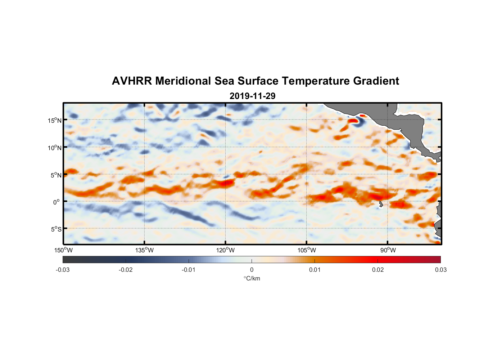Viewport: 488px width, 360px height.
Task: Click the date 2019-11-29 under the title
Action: [252, 96]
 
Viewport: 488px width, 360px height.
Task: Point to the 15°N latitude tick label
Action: [55, 120]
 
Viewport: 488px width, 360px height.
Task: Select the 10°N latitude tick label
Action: [55, 148]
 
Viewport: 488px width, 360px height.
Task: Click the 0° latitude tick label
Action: [57, 202]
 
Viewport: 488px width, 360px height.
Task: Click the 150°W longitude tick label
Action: [63, 250]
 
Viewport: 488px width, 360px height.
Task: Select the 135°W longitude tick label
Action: [144, 250]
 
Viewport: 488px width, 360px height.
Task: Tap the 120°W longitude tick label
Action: [225, 250]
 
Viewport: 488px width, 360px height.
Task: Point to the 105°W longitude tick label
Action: [307, 250]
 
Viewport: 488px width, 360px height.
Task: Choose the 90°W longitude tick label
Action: [388, 250]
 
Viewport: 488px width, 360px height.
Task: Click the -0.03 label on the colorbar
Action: [63, 270]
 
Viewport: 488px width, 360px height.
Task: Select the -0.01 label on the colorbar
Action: [189, 270]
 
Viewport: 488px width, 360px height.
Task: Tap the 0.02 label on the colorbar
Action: [378, 270]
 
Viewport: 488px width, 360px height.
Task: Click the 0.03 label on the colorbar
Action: [440, 270]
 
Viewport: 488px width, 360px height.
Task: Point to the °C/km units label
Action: [252, 278]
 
